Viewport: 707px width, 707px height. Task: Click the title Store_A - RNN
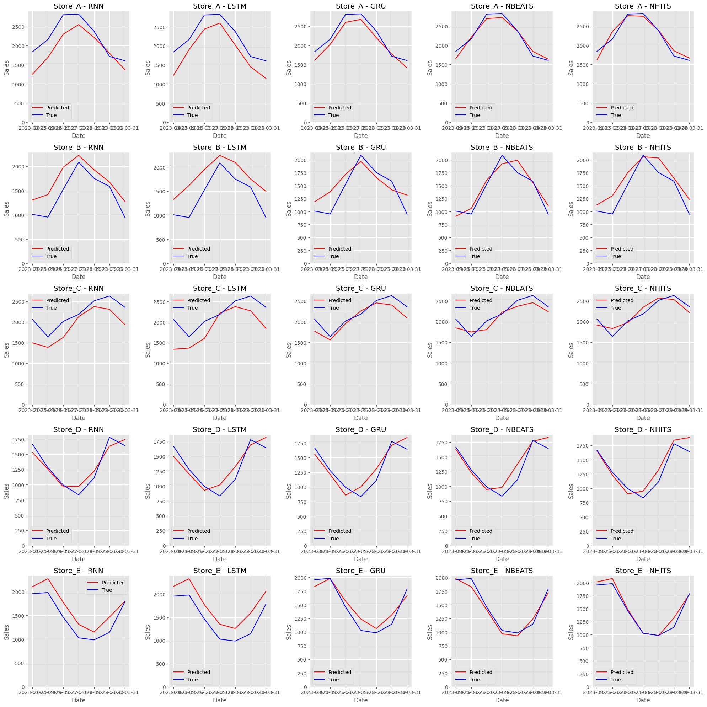pyautogui.click(x=78, y=6)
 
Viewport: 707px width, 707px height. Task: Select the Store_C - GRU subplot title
pyautogui.click(x=360, y=288)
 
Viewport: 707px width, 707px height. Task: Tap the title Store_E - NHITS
pyautogui.click(x=643, y=571)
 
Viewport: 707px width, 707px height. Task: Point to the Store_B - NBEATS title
pyautogui.click(x=502, y=148)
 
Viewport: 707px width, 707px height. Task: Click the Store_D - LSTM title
pyautogui.click(x=220, y=430)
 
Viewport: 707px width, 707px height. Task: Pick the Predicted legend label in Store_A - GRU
pyautogui.click(x=339, y=108)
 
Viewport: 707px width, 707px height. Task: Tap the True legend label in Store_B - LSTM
pyautogui.click(x=193, y=256)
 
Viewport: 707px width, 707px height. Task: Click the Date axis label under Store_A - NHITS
pyautogui.click(x=643, y=136)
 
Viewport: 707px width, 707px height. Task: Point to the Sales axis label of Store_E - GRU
pyautogui.click(x=289, y=632)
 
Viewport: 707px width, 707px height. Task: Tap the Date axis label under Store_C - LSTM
pyautogui.click(x=220, y=418)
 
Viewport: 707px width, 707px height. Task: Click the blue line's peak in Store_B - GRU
pyautogui.click(x=361, y=155)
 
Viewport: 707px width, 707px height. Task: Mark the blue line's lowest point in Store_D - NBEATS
pyautogui.click(x=502, y=496)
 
